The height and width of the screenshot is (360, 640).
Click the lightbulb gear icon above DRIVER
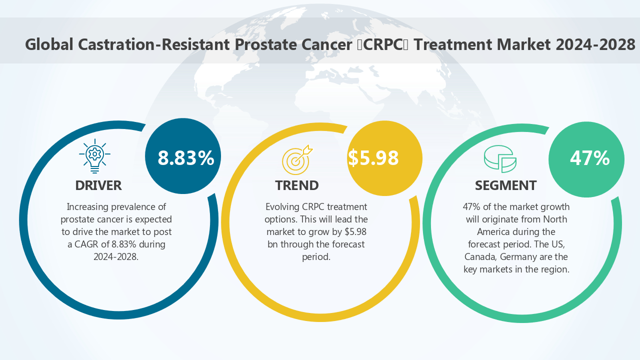tap(94, 155)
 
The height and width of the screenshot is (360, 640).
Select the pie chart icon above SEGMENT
tap(500, 158)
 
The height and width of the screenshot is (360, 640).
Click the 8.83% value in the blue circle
tap(185, 158)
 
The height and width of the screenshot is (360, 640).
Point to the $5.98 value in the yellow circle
tap(373, 158)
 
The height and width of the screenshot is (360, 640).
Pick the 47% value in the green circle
tap(589, 158)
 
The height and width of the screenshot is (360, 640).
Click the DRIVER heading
tap(98, 185)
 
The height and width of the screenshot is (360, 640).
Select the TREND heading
tap(297, 185)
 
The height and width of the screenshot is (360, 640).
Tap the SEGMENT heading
tap(505, 185)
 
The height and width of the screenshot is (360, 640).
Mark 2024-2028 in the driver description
tap(115, 256)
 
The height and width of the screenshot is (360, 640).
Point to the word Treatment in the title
tap(452, 44)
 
